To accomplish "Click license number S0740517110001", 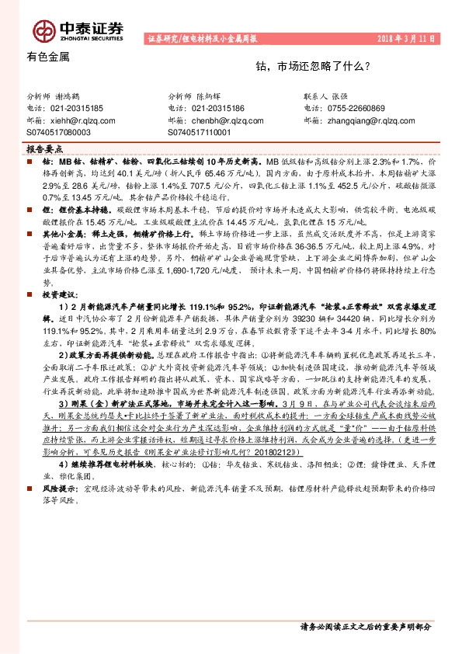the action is pyautogui.click(x=200, y=133).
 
